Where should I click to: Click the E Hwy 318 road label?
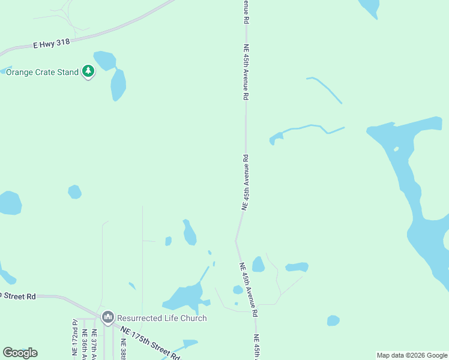pos(51,43)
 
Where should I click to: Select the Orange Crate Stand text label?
pos(42,72)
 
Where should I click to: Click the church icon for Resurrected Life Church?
pos(108,317)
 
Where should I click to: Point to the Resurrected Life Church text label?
pos(162,318)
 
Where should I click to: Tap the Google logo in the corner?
pos(20,353)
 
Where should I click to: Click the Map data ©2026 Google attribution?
pos(412,355)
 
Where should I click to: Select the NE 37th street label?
pos(94,345)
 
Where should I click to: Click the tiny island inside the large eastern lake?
pos(396,149)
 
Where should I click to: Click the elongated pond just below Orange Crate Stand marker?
pos(118,85)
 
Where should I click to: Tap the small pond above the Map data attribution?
pos(333,320)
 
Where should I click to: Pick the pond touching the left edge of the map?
pos(10,203)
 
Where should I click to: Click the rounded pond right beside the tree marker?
pos(105,60)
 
